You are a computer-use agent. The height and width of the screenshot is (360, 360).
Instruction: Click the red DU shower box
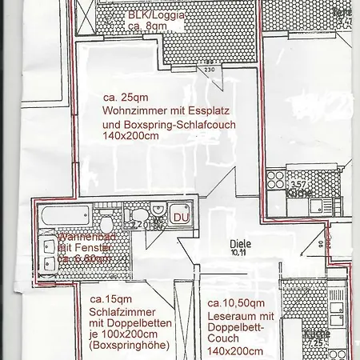(180, 218)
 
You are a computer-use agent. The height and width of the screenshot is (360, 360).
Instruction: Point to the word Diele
(240, 244)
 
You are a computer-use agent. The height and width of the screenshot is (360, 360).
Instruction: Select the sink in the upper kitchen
(328, 178)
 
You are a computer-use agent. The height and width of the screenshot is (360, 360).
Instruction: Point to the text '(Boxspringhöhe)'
(129, 349)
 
